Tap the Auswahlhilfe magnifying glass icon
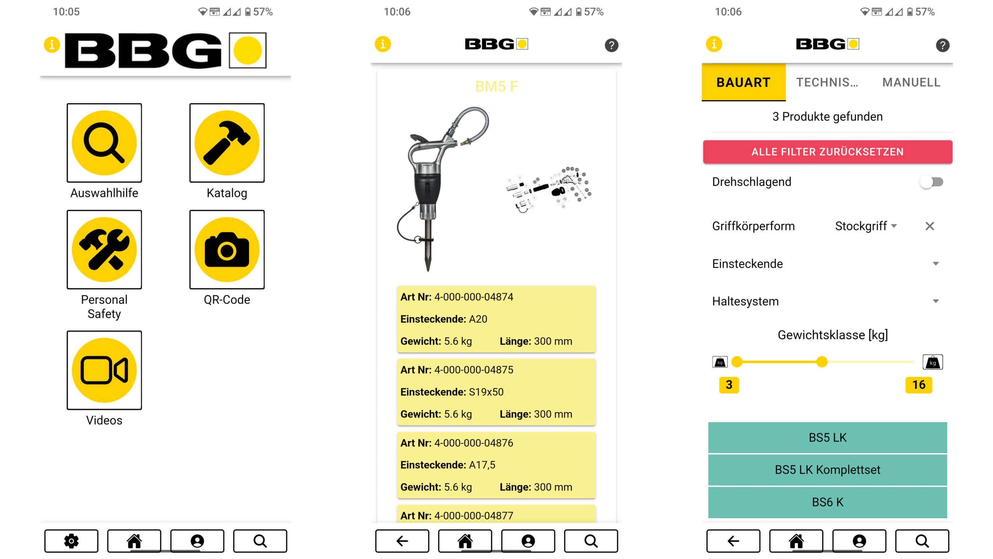(x=104, y=143)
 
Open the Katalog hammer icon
(x=227, y=143)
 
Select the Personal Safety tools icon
(x=104, y=250)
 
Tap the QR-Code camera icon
(x=227, y=250)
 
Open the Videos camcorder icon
(x=104, y=370)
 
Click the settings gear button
(x=71, y=541)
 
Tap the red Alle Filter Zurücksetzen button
(x=827, y=152)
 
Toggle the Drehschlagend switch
(x=932, y=182)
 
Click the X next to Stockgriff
(x=930, y=226)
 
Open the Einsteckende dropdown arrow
(x=936, y=264)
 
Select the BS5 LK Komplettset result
(x=827, y=470)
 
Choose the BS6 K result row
(x=827, y=502)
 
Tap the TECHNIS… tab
(x=827, y=82)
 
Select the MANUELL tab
(x=911, y=82)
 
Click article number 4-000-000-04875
(x=473, y=370)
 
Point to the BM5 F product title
(x=496, y=86)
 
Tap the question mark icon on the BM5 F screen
(x=611, y=45)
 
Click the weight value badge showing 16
(x=919, y=385)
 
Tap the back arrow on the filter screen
(x=733, y=541)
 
